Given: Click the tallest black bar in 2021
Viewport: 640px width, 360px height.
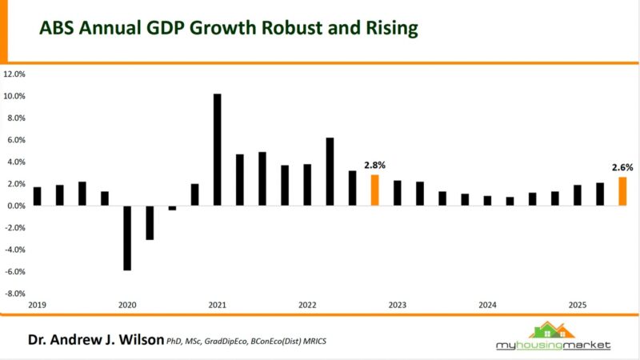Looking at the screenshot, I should pos(217,150).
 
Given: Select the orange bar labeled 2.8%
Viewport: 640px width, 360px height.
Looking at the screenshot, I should pos(374,190).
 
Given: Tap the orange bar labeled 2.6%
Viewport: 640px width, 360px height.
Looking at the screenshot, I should pos(622,191).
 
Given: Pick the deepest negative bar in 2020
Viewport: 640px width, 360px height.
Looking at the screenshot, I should pos(127,238).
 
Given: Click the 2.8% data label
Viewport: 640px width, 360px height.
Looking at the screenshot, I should pos(374,166).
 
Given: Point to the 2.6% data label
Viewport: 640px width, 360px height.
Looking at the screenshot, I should pos(622,168).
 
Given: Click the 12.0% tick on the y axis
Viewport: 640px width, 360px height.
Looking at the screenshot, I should pos(15,74).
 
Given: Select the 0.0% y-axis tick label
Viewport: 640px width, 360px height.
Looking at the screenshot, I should pos(16,206).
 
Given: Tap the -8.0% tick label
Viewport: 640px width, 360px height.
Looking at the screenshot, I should pos(15,294).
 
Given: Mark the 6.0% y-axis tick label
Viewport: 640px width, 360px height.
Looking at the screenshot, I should pos(16,140).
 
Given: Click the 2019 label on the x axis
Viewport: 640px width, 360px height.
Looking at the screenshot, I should pos(37,306).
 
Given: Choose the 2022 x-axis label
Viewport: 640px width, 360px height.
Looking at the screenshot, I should pos(307,306).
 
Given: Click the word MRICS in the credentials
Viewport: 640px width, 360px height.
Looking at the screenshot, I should pos(314,342).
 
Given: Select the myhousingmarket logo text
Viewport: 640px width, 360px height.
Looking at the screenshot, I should pos(553,345).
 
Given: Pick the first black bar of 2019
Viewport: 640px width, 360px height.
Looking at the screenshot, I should pos(37,196).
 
